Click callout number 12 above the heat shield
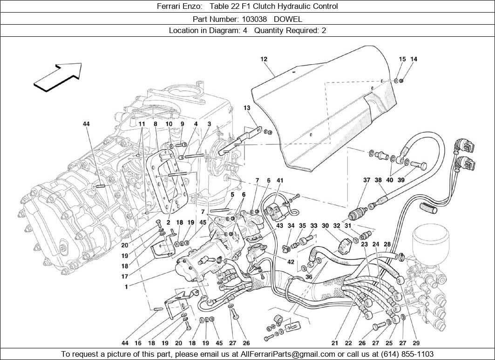coord(264,59)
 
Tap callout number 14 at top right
coord(414,59)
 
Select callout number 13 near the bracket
coord(247,108)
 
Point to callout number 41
coord(280,180)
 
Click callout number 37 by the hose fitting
coord(367,180)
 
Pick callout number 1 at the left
coord(126,287)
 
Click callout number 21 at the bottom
coord(335,344)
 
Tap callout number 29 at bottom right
coord(416,344)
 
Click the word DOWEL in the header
coord(288,19)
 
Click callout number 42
coord(291,262)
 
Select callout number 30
coord(325,226)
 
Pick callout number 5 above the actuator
coord(232,194)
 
